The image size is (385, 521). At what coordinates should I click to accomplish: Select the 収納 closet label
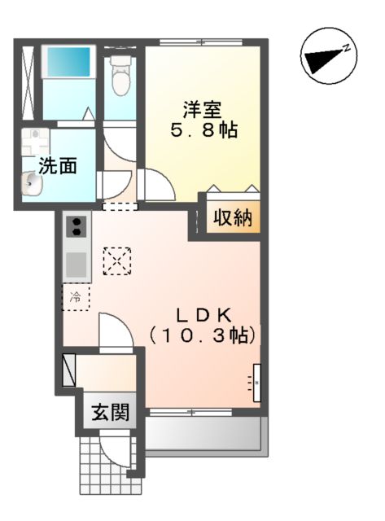pos(233,218)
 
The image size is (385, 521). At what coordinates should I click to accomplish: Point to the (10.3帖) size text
pos(203,335)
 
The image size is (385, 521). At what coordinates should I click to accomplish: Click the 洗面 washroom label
pos(58,166)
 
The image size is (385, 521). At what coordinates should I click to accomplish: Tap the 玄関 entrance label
pos(110,413)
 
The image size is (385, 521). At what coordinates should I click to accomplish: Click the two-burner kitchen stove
pos(76,225)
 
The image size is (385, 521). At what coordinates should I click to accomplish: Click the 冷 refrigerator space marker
pos(77,297)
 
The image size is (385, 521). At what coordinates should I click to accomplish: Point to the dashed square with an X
pos(116,260)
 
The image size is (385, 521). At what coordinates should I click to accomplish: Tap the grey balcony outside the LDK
pos(204,436)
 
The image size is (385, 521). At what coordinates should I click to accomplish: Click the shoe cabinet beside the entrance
pos(68,369)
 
